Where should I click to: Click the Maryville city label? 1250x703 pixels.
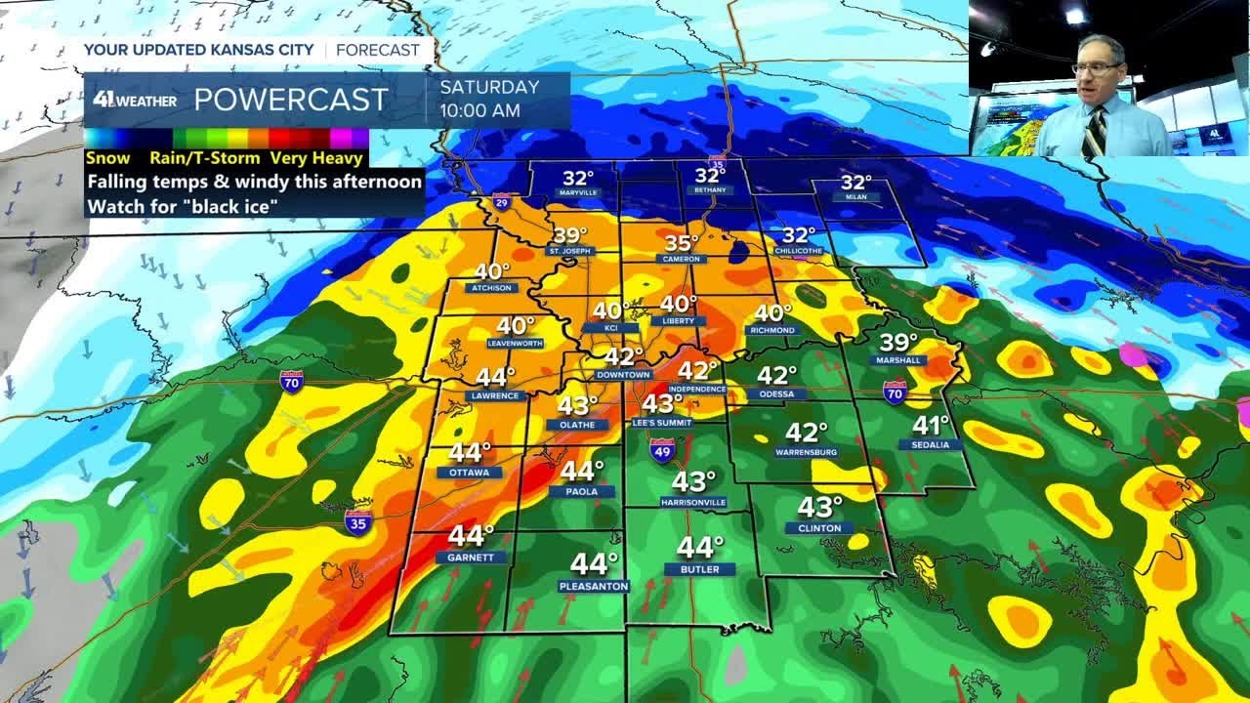pos(578,193)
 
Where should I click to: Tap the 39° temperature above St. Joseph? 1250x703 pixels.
pos(570,235)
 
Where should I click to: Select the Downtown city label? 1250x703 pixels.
pos(623,375)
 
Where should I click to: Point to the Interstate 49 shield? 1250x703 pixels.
pos(662,450)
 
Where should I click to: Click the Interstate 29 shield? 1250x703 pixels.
pos(502,203)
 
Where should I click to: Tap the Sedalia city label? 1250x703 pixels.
pos(931,444)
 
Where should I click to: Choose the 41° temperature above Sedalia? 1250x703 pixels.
pos(931,425)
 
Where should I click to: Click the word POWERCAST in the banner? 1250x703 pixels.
pos(291,100)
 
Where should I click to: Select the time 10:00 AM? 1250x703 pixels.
pos(479,110)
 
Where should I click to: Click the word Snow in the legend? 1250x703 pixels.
pos(107,158)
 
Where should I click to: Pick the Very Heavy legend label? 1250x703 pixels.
pos(316,158)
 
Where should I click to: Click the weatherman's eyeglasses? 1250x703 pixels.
pos(1097,68)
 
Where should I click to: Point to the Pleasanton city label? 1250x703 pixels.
pos(594,586)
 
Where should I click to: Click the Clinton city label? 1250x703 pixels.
pos(819,527)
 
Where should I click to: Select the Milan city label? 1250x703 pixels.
pos(855,197)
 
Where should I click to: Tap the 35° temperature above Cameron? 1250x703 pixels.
pos(682,243)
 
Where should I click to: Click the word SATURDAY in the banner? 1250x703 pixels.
pos(488,87)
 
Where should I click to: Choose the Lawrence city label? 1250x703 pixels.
pos(496,395)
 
